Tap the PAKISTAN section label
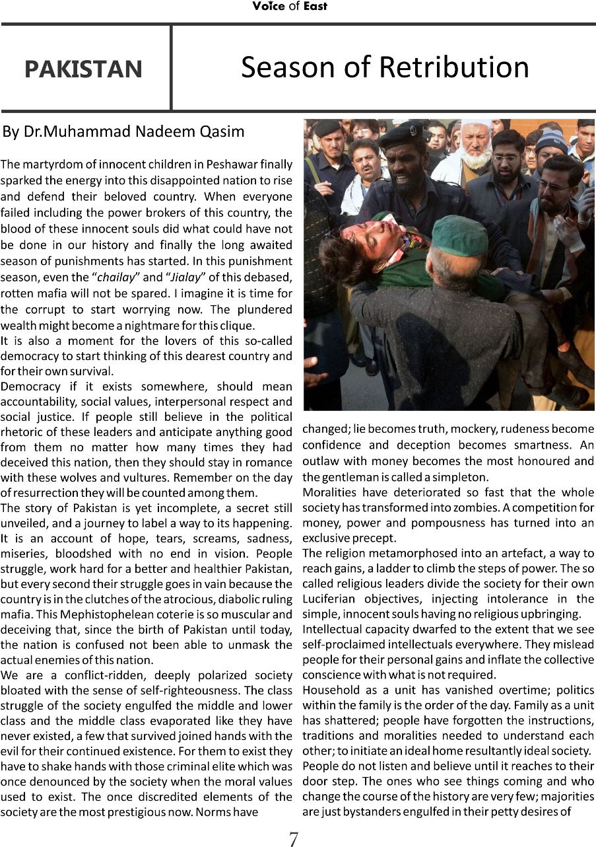pyautogui.click(x=83, y=69)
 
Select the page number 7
pyautogui.click(x=294, y=838)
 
